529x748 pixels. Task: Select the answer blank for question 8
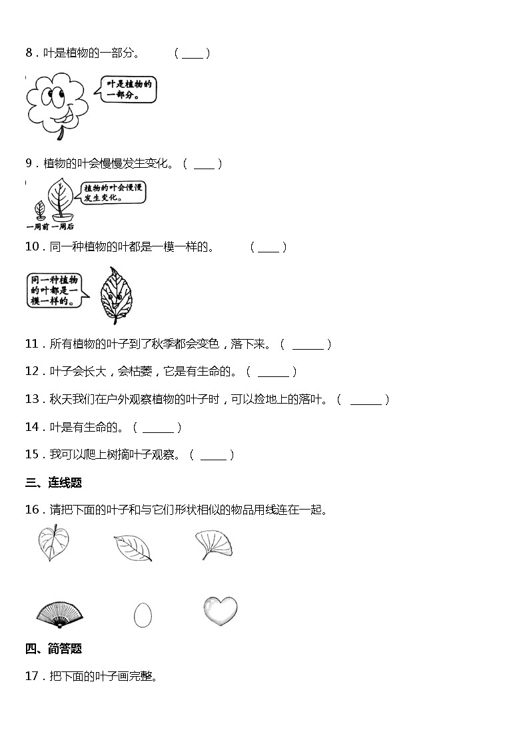point(192,54)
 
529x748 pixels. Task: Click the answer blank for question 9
point(204,164)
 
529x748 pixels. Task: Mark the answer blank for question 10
point(268,248)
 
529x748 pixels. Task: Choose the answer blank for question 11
point(307,345)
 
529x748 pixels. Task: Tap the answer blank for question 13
point(365,400)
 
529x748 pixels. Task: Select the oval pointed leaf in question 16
point(133,548)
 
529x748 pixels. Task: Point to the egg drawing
point(142,615)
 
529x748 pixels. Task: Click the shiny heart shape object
point(219,611)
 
